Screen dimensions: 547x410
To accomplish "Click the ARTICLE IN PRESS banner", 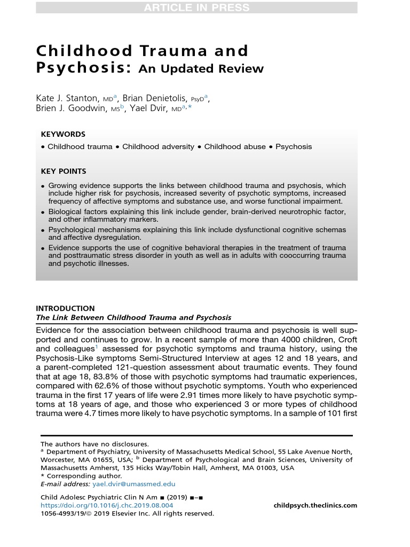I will point(196,7).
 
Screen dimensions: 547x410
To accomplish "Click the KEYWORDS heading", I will point(63,134).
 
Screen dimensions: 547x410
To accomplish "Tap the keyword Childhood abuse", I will point(235,146).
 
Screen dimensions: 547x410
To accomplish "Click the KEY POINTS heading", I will point(64,171).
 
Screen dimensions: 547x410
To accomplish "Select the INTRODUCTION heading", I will point(65,308).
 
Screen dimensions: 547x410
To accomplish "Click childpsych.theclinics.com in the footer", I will point(315,505).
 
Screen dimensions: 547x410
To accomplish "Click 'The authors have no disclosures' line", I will point(95,444).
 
